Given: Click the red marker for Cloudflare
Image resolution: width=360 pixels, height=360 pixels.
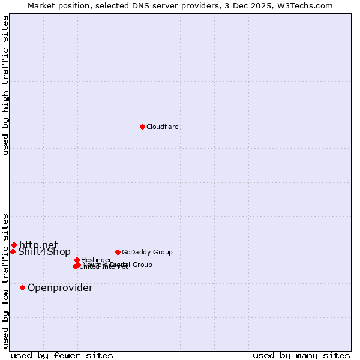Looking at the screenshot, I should click(x=142, y=127).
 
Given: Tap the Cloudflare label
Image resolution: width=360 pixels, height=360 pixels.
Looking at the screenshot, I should click(x=163, y=127).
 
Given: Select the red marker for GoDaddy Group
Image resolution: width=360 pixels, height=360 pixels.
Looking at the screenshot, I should click(x=118, y=252).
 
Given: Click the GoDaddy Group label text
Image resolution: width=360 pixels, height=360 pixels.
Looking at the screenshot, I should click(x=147, y=252).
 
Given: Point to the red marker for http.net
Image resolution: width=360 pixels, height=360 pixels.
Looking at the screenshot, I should click(x=14, y=245).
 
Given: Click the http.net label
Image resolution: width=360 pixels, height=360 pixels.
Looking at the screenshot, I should click(x=38, y=245).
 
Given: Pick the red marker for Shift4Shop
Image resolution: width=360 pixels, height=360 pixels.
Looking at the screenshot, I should click(x=13, y=251).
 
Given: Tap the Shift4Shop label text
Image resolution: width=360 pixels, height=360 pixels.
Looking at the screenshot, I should click(x=44, y=252).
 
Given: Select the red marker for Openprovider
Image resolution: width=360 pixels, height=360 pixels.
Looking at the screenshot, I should click(x=22, y=287).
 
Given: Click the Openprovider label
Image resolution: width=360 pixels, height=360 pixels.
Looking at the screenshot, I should click(x=60, y=288).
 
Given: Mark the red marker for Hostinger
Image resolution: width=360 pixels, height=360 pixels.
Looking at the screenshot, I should click(x=77, y=260).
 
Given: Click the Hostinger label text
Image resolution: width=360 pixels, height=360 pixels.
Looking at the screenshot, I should click(x=97, y=260).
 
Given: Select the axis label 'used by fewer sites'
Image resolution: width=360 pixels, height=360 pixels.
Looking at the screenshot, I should click(x=62, y=355).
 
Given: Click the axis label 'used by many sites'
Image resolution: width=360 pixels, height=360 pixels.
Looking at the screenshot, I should click(x=301, y=355).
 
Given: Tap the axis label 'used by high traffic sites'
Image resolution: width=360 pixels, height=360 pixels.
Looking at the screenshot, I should click(x=5, y=85).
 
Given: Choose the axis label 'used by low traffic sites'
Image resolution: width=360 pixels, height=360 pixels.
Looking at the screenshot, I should click(x=5, y=280).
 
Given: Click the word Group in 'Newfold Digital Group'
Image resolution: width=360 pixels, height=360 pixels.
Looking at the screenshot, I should click(x=142, y=265).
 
